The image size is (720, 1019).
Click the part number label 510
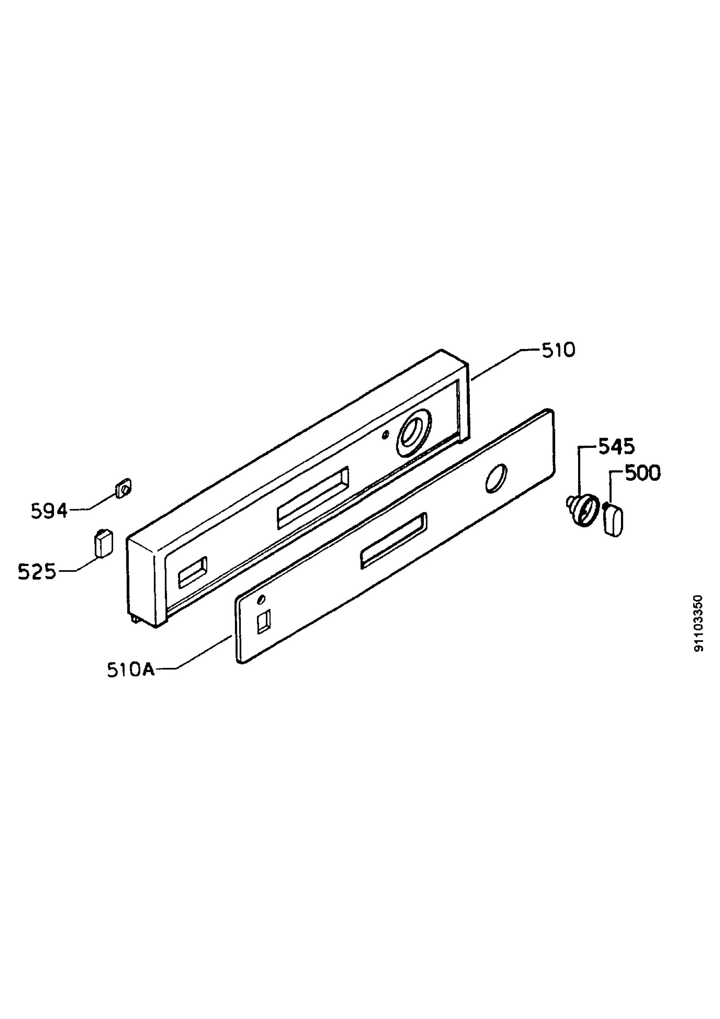(558, 351)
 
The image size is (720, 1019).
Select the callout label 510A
(131, 670)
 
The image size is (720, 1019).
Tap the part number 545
(617, 447)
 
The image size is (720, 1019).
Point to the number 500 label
(643, 473)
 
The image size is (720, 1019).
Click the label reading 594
(49, 512)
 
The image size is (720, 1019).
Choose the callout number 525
(37, 572)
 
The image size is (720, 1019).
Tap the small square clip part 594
(124, 489)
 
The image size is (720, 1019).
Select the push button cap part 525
(102, 542)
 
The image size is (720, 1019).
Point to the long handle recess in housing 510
(313, 498)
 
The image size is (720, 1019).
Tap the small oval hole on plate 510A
(262, 600)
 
